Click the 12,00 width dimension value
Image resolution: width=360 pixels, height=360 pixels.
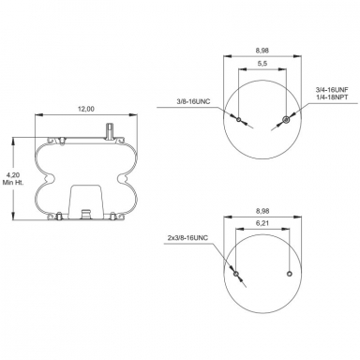85,110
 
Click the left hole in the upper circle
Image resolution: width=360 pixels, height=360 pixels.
240,120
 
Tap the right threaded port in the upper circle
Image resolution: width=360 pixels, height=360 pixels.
284,120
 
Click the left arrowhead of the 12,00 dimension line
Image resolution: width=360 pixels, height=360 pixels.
37,116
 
